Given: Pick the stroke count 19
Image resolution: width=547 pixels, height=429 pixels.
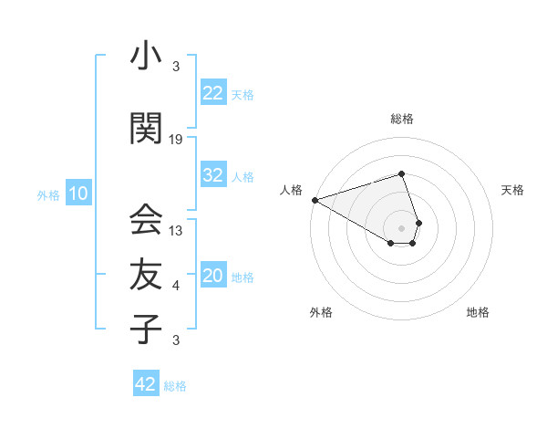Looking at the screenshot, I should (x=176, y=140).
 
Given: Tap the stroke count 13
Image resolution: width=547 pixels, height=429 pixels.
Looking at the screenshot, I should (x=176, y=231).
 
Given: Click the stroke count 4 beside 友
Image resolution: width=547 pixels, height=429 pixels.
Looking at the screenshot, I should (x=176, y=286).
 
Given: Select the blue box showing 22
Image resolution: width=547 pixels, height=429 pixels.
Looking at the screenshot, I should (x=212, y=93).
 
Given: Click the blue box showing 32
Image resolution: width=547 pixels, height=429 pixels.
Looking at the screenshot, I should (x=212, y=175).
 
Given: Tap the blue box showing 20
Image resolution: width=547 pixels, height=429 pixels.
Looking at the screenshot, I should (x=212, y=276).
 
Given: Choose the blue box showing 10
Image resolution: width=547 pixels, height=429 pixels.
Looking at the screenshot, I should (x=77, y=194).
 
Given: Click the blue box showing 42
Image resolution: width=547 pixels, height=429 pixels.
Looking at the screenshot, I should (x=145, y=384).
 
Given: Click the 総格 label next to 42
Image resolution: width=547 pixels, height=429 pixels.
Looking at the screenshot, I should (x=175, y=386).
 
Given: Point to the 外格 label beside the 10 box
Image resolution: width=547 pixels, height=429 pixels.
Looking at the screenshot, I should (x=47, y=195).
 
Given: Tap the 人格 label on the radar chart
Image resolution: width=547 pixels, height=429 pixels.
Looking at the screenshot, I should (x=291, y=190).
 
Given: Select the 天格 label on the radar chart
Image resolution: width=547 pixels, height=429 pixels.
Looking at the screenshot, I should (x=512, y=190).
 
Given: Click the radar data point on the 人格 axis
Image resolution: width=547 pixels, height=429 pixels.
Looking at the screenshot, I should (x=315, y=199).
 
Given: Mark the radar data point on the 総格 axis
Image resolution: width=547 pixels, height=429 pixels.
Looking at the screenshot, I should (x=401, y=173).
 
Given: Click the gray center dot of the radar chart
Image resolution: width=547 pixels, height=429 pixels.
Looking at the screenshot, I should (x=401, y=226).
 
